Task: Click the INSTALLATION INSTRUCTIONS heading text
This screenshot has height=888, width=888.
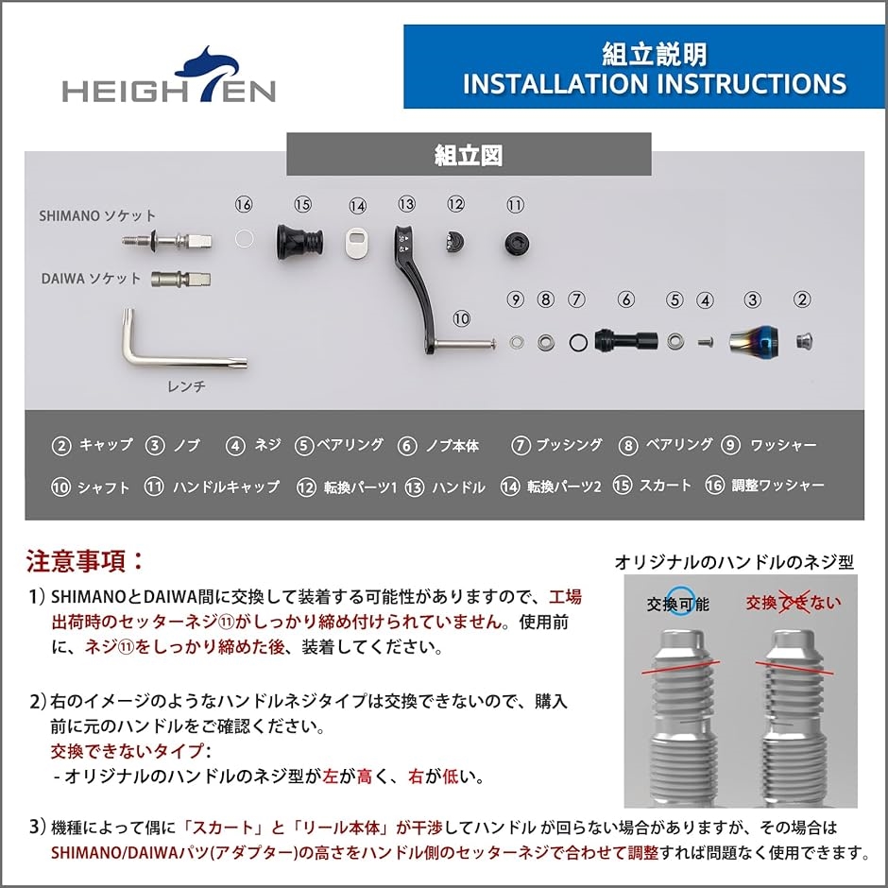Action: point(654,83)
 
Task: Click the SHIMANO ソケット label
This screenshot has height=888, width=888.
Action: point(97,216)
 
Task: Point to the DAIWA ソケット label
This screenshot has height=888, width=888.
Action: point(91,279)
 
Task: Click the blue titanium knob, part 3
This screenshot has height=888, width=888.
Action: point(753,340)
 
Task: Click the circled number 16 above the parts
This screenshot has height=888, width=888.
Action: point(244,205)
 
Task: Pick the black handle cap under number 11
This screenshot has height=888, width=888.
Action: point(515,241)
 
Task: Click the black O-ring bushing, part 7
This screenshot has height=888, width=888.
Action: point(576,341)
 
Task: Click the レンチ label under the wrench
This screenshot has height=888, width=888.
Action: point(185,386)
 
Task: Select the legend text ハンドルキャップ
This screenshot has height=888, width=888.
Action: point(226,487)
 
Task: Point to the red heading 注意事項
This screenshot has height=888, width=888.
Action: point(85,561)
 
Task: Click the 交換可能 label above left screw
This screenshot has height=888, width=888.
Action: point(677,604)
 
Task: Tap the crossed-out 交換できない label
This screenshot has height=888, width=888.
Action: point(793,603)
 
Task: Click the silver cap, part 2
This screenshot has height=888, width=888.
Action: point(804,340)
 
